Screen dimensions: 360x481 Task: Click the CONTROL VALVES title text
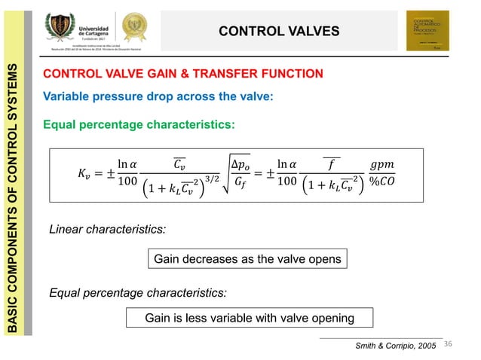279,31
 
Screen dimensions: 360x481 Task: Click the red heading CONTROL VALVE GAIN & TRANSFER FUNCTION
184,74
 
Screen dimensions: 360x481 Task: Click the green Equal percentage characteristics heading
139,124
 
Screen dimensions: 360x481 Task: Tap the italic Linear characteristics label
107,227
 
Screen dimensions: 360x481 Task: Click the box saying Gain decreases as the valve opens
247,259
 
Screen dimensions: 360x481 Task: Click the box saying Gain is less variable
250,318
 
